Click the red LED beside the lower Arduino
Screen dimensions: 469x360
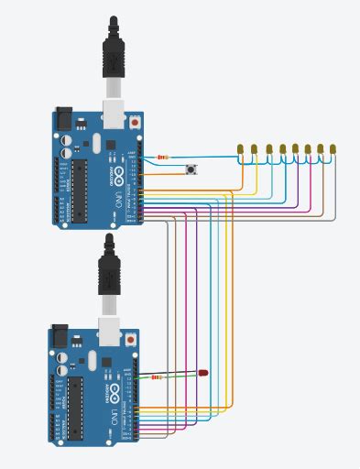(x=203, y=373)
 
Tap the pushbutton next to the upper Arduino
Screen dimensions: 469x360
(x=191, y=169)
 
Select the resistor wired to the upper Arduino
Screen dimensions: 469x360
(x=163, y=158)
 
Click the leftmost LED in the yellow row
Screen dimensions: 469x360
(x=240, y=148)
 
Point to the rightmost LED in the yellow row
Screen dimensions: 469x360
(x=333, y=148)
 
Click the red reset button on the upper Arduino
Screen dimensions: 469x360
(x=136, y=121)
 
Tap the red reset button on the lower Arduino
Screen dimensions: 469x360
(x=131, y=339)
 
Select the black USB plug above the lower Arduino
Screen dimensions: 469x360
(x=109, y=266)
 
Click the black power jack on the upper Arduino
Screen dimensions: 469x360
(x=63, y=118)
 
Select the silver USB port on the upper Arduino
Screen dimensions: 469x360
(x=114, y=112)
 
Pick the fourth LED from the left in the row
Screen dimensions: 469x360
(x=282, y=148)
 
